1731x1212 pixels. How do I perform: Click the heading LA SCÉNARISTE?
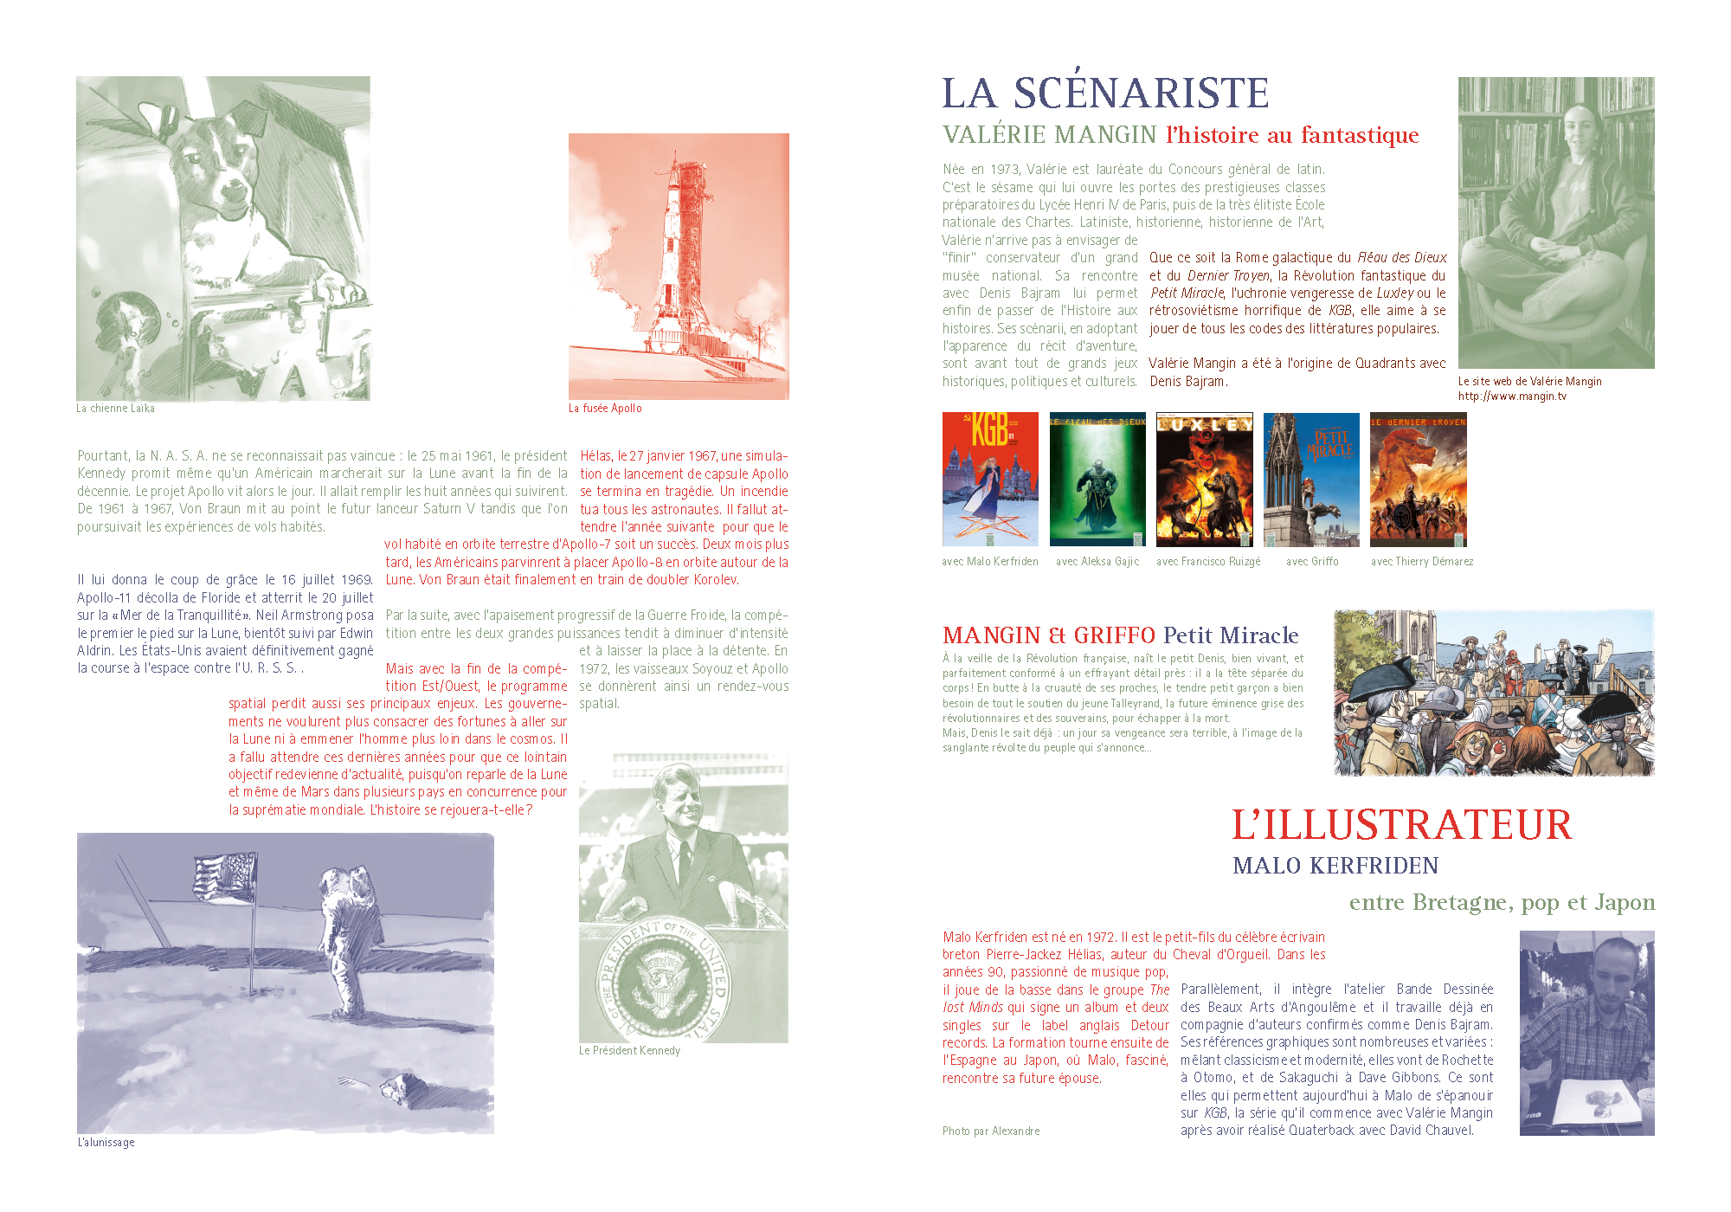pyautogui.click(x=1105, y=93)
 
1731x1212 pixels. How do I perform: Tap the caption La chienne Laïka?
pyautogui.click(x=115, y=409)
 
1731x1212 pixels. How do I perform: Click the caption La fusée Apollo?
pyautogui.click(x=605, y=409)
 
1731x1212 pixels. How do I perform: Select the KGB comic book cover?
pyautogui.click(x=990, y=479)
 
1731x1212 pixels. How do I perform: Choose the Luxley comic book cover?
pyautogui.click(x=1204, y=479)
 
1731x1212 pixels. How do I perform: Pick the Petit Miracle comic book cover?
pyautogui.click(x=1311, y=479)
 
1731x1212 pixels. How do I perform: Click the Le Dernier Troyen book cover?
pyautogui.click(x=1418, y=479)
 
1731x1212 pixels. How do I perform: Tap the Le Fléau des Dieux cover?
pyautogui.click(x=1097, y=479)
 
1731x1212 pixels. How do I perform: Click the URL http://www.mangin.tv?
pyautogui.click(x=1512, y=396)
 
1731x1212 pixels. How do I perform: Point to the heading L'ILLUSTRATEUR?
pyautogui.click(x=1401, y=825)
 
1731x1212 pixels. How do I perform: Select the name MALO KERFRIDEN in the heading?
pyautogui.click(x=1335, y=866)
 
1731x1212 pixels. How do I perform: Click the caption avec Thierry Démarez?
pyautogui.click(x=1422, y=562)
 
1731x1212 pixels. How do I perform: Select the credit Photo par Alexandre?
pyautogui.click(x=991, y=1131)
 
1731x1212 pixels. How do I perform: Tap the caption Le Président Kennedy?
pyautogui.click(x=629, y=1051)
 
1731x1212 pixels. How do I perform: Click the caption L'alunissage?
pyautogui.click(x=106, y=1143)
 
